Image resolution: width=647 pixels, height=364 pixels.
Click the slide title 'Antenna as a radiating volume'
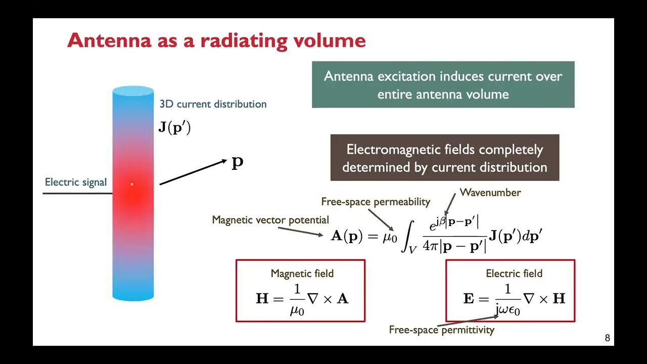click(216, 40)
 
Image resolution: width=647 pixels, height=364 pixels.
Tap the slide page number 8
click(607, 338)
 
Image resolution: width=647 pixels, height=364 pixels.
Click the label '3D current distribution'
click(213, 104)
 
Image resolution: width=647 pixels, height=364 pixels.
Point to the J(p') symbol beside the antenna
click(174, 127)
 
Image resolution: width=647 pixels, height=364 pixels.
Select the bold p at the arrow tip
click(238, 162)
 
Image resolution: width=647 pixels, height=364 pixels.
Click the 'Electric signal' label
click(76, 182)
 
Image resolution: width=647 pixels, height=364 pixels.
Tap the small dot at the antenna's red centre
click(132, 184)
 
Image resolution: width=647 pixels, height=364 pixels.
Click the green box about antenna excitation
click(443, 84)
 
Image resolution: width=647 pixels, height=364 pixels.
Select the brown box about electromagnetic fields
click(444, 158)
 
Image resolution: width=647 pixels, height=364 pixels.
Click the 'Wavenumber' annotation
click(490, 193)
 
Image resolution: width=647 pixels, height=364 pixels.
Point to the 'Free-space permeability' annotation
click(376, 202)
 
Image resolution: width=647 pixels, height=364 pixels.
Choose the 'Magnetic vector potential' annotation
click(270, 220)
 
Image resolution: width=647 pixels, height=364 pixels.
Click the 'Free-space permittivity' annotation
click(441, 330)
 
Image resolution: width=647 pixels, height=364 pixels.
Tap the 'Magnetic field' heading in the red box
click(302, 274)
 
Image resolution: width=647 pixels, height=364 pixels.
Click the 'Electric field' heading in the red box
click(514, 274)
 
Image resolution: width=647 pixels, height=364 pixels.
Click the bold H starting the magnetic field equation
click(262, 298)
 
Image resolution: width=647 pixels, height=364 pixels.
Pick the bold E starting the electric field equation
click(469, 298)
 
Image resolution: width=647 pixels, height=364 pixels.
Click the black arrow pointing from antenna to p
click(192, 172)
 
